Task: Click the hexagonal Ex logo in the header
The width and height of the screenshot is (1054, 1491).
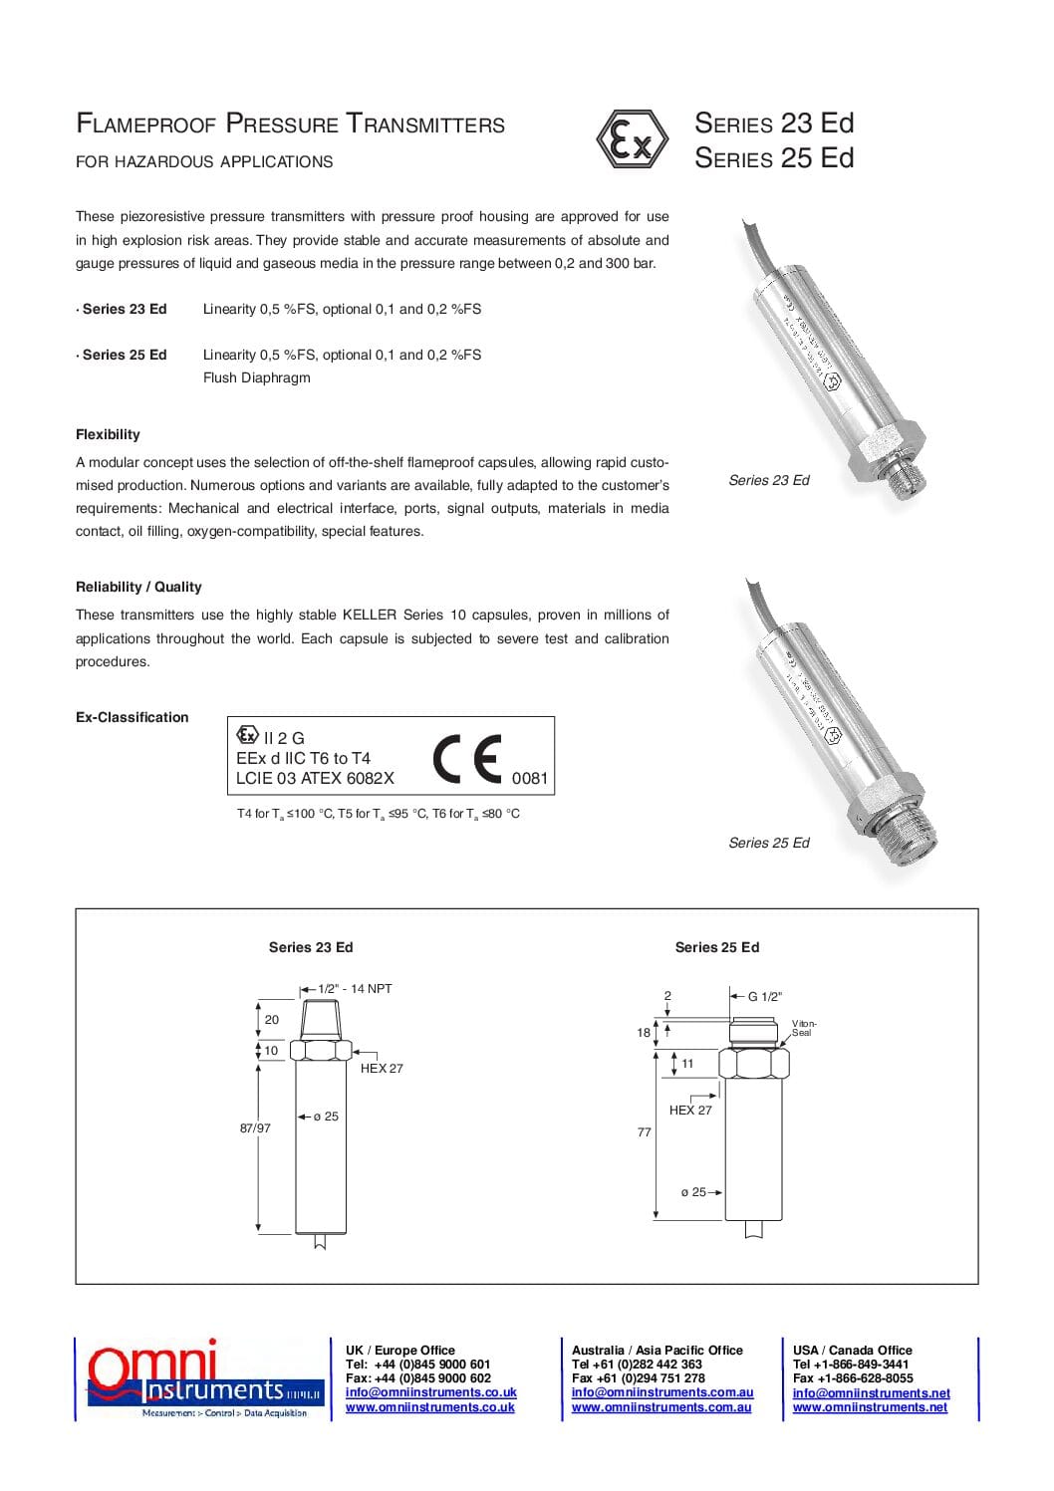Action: point(632,139)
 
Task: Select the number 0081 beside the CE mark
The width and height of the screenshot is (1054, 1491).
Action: point(529,779)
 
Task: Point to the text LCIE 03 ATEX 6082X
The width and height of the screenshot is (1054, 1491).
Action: point(315,779)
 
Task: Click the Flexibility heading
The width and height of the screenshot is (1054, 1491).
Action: point(108,434)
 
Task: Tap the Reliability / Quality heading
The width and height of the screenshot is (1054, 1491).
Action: point(138,587)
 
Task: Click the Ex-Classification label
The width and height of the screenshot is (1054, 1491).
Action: point(132,717)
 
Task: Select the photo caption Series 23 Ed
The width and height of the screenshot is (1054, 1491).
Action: point(768,480)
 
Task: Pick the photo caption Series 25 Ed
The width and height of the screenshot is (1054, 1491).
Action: point(768,843)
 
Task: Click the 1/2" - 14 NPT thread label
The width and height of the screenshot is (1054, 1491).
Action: point(355,989)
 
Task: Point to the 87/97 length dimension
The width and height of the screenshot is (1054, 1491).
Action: point(255,1128)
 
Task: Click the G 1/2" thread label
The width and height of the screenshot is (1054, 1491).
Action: point(764,996)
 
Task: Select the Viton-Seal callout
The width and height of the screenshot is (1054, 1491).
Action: point(803,1028)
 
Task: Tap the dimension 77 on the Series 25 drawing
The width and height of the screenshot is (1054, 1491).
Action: point(644,1132)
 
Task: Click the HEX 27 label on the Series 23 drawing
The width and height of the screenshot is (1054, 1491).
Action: point(382,1069)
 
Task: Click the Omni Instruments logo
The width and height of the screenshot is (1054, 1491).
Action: point(203,1379)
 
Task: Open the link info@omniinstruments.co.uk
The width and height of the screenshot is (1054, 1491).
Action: point(430,1392)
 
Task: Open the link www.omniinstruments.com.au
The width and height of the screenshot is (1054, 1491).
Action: point(660,1407)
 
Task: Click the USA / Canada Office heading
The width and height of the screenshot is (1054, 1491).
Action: point(852,1351)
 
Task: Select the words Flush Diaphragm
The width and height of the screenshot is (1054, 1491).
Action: point(256,377)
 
